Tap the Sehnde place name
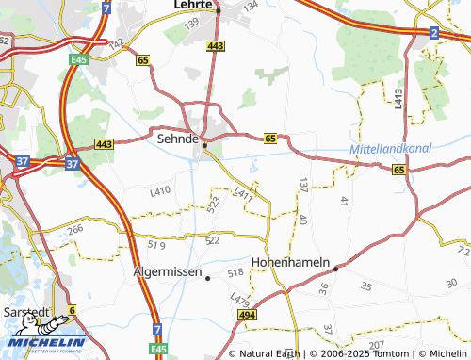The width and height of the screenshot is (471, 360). pyautogui.click(x=175, y=138)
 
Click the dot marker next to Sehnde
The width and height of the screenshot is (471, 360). pyautogui.click(x=204, y=145)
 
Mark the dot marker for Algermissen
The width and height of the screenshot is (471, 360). pyautogui.click(x=208, y=277)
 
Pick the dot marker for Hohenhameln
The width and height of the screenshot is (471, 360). pyautogui.click(x=336, y=267)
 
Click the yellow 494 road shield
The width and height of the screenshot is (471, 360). pyautogui.click(x=247, y=315)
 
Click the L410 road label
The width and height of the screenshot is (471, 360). pyautogui.click(x=160, y=191)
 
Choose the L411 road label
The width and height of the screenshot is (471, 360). pyautogui.click(x=244, y=194)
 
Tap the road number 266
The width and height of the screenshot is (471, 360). pyautogui.click(x=75, y=228)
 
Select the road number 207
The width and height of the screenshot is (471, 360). pyautogui.click(x=378, y=347)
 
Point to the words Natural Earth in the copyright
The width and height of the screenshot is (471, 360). pyautogui.click(x=270, y=353)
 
